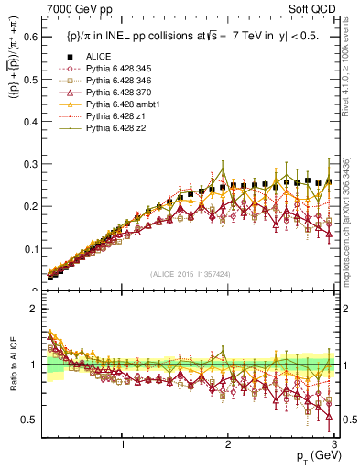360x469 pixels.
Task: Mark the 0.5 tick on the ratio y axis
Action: tap(29, 420)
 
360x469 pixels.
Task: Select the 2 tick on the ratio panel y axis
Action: tap(33, 309)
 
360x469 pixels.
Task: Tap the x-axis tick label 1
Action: tap(123, 444)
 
